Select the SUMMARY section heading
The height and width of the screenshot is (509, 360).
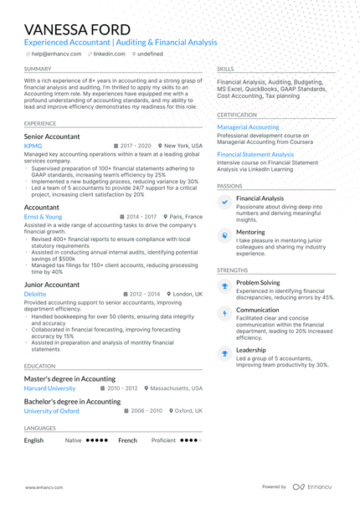(x=37, y=69)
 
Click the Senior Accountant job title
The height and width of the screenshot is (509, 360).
(x=52, y=136)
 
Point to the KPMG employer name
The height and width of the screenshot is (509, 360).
(x=33, y=146)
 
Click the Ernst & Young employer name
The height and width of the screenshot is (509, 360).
(x=43, y=217)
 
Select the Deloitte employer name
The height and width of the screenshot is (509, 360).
(x=35, y=295)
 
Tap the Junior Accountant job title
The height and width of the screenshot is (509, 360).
(x=52, y=285)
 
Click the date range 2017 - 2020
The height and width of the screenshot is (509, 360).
(x=136, y=146)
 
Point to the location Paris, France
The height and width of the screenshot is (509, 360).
(x=186, y=217)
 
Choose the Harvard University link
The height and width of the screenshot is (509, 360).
(x=49, y=388)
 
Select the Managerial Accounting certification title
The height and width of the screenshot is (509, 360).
(x=248, y=127)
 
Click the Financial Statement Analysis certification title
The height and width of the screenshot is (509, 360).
(x=255, y=155)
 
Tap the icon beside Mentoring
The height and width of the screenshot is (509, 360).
(x=224, y=236)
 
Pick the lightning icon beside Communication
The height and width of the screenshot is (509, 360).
(x=224, y=314)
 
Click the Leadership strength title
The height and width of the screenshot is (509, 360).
(x=251, y=350)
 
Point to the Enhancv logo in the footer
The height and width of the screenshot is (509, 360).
(x=311, y=486)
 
